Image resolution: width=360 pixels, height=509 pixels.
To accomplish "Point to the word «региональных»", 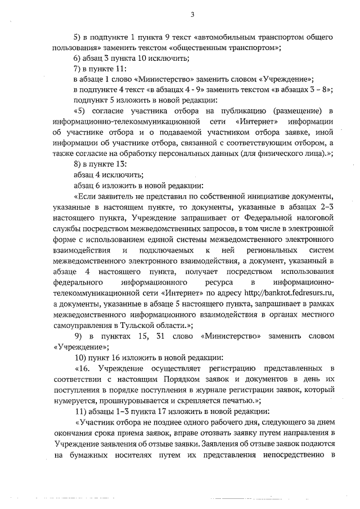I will (269, 249).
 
